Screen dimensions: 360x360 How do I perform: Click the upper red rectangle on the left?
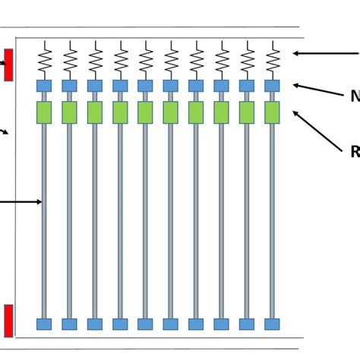[x=8, y=65]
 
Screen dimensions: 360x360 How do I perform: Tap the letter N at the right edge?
[x=355, y=96]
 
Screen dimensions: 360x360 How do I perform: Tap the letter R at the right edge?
[x=355, y=152]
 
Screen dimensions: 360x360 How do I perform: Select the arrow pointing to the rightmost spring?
[x=324, y=53]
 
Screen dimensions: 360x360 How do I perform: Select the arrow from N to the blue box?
[x=317, y=90]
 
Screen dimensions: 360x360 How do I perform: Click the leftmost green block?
[x=44, y=112]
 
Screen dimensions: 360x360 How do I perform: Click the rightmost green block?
[x=272, y=112]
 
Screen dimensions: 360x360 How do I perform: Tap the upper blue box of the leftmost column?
[x=44, y=86]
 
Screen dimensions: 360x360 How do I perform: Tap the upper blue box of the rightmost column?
[x=272, y=86]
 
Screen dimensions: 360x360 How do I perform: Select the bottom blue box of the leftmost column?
[x=44, y=324]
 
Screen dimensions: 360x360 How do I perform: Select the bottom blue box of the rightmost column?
[x=272, y=324]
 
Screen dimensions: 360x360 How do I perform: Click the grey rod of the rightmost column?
[x=272, y=220]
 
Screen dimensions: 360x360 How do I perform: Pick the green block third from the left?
[x=95, y=112]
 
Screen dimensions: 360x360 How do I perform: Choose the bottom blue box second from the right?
[x=247, y=324]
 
